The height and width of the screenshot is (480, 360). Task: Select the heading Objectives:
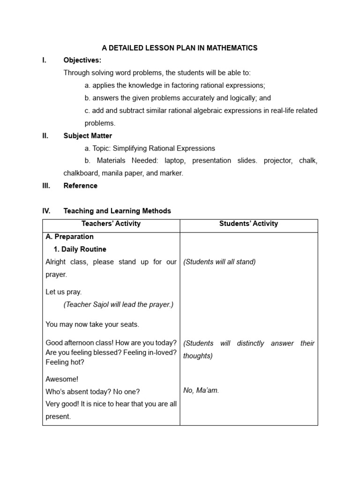pyautogui.click(x=82, y=60)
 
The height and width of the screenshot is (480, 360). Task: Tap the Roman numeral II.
pyautogui.click(x=45, y=136)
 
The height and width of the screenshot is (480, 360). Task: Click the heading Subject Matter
pyautogui.click(x=88, y=136)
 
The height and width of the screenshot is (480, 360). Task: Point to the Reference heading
pyautogui.click(x=80, y=186)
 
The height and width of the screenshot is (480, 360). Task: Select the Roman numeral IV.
pyautogui.click(x=46, y=211)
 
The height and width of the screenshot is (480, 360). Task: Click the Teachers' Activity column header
pyautogui.click(x=111, y=224)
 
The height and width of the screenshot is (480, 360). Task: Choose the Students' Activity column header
pyautogui.click(x=248, y=224)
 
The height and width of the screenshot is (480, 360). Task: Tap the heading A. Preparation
pyautogui.click(x=69, y=237)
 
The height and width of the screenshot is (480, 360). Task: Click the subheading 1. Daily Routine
pyautogui.click(x=80, y=249)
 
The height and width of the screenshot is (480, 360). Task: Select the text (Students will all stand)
pyautogui.click(x=219, y=262)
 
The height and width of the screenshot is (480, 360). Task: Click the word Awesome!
pyautogui.click(x=62, y=379)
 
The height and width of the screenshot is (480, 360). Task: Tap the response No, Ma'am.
pyautogui.click(x=201, y=390)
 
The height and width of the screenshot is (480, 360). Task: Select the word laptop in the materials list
pyautogui.click(x=175, y=161)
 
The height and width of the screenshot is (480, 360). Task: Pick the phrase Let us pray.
pyautogui.click(x=63, y=292)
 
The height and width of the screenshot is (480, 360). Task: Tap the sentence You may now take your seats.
pyautogui.click(x=92, y=324)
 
